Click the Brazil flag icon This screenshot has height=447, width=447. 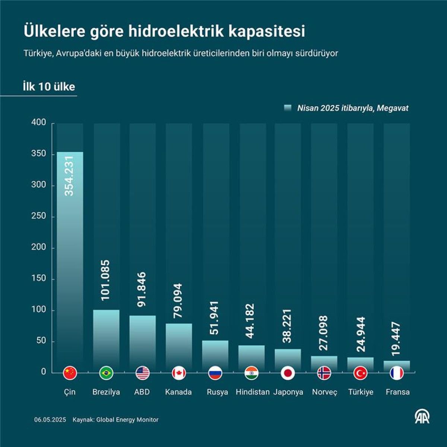(106, 372)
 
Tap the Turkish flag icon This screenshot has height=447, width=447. (361, 372)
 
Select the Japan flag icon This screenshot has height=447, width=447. (288, 372)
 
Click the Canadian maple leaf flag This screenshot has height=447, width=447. (179, 372)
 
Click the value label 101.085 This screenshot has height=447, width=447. (106, 280)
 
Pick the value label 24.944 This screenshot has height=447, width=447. (361, 334)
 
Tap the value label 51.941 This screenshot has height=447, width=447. (215, 318)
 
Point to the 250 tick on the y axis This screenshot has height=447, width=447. (39, 216)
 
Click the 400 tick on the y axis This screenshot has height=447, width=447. (39, 123)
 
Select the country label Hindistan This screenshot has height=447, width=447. (253, 392)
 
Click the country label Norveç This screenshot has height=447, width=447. (324, 392)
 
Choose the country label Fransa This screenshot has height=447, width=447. (397, 392)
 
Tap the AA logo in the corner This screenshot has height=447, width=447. (422, 416)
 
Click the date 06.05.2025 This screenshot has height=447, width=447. (50, 420)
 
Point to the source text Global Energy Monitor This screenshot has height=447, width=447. (127, 420)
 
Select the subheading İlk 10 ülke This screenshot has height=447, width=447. (49, 87)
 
